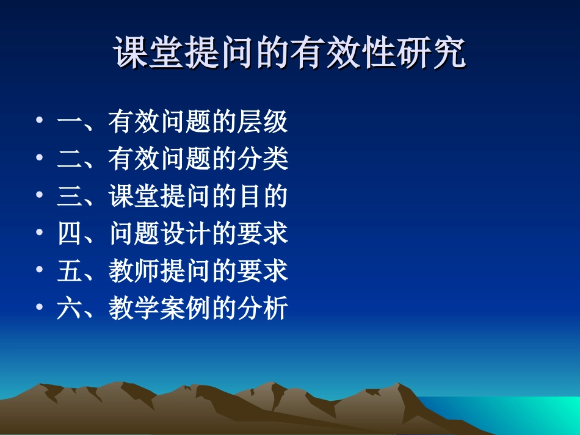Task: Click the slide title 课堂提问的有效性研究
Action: [290, 54]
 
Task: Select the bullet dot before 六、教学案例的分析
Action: [39, 307]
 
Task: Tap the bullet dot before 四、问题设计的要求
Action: [39, 232]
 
